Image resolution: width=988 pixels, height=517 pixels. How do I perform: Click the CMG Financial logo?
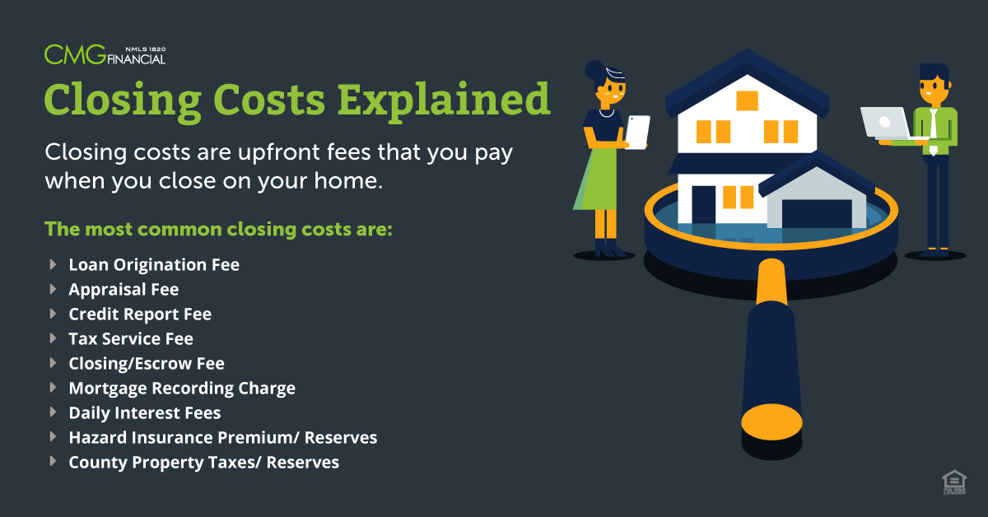coord(105,54)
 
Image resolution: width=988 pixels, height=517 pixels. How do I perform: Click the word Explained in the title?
coord(444,100)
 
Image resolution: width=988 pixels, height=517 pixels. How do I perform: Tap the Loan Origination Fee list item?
coord(154,265)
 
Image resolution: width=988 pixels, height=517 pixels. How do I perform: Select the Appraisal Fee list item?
coord(123,290)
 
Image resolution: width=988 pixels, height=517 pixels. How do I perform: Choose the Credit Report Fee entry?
coord(140,314)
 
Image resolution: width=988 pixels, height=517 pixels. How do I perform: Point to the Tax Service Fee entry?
coord(131,339)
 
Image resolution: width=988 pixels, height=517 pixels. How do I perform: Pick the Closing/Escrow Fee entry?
coord(147,364)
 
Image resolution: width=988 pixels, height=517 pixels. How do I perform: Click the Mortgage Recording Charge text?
coord(182,389)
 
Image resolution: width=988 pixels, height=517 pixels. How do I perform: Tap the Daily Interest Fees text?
coord(145,413)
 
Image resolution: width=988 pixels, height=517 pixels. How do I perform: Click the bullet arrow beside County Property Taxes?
coord(53,461)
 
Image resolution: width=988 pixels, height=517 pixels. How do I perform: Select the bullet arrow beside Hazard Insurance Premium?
coord(53,436)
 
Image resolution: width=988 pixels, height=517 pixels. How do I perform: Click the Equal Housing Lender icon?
coord(954,482)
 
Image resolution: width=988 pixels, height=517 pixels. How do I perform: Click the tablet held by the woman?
coord(637,133)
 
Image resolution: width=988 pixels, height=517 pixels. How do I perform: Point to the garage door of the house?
coord(817,213)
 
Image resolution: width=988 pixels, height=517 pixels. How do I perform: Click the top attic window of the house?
coord(748,100)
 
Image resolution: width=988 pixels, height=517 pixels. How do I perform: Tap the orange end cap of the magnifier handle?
coord(771,422)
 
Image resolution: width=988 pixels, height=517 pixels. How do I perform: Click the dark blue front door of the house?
coord(703,205)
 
